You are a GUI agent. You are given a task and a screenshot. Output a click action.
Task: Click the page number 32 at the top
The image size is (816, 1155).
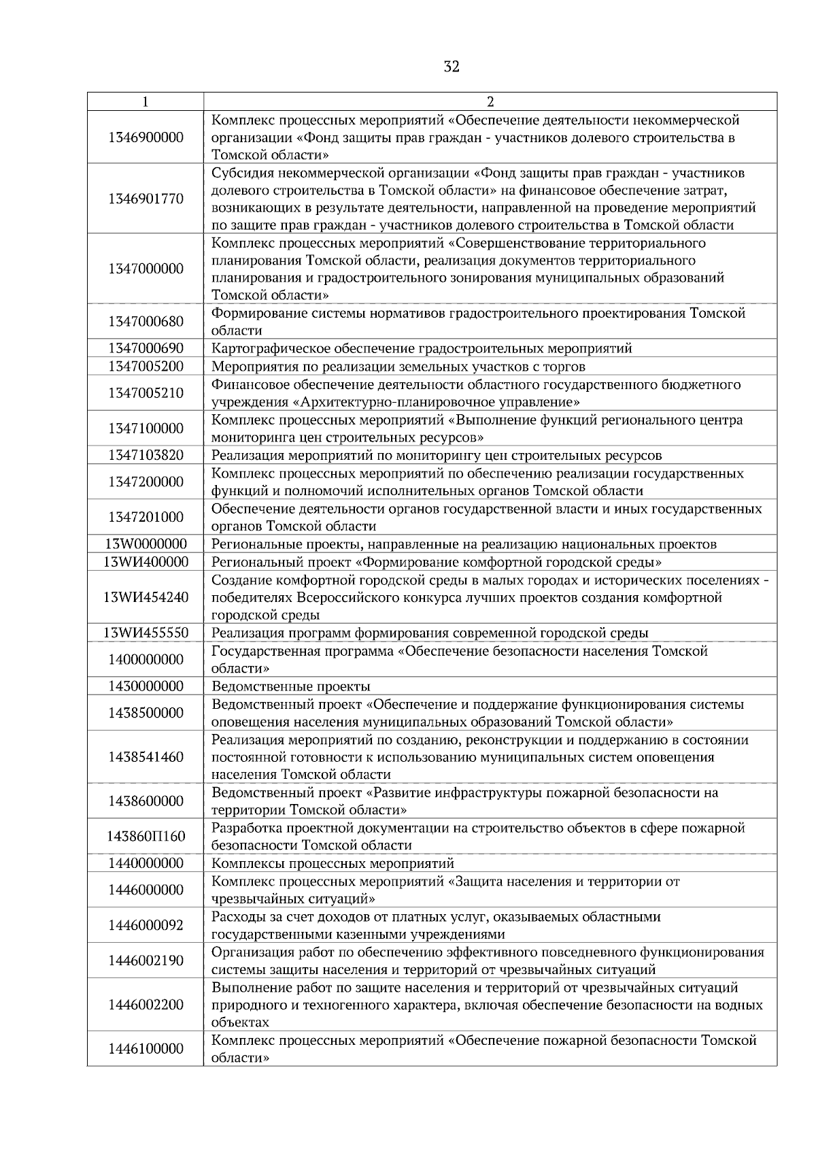tap(451, 67)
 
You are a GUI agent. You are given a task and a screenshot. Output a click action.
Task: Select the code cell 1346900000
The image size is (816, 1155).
tap(146, 137)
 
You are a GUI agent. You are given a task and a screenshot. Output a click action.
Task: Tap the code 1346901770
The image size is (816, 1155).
tap(146, 199)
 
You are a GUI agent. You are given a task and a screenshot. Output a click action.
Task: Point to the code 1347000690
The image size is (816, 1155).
tap(146, 349)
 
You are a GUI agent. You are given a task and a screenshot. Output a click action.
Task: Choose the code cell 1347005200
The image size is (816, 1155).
tap(146, 367)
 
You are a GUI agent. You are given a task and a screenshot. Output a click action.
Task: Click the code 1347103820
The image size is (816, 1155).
tap(146, 455)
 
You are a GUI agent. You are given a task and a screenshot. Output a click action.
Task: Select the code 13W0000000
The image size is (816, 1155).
tap(146, 544)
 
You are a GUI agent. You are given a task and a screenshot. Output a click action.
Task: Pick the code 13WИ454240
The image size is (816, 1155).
tap(146, 597)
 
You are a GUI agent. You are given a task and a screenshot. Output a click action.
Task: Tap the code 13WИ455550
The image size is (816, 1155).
tap(146, 633)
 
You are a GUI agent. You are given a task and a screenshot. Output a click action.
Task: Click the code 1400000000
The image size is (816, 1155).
tap(146, 659)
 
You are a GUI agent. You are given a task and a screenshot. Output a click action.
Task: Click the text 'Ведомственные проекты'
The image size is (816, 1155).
tap(291, 686)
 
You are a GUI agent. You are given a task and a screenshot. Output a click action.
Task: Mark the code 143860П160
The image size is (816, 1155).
tap(146, 836)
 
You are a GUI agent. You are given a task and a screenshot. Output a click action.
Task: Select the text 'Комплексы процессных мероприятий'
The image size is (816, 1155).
tap(333, 864)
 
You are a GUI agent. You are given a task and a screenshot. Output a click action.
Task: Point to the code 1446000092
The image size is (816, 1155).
tap(146, 925)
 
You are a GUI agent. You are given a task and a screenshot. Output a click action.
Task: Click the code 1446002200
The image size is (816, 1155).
tap(146, 1005)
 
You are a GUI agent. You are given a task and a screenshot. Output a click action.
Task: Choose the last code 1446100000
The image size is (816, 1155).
tap(146, 1049)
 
